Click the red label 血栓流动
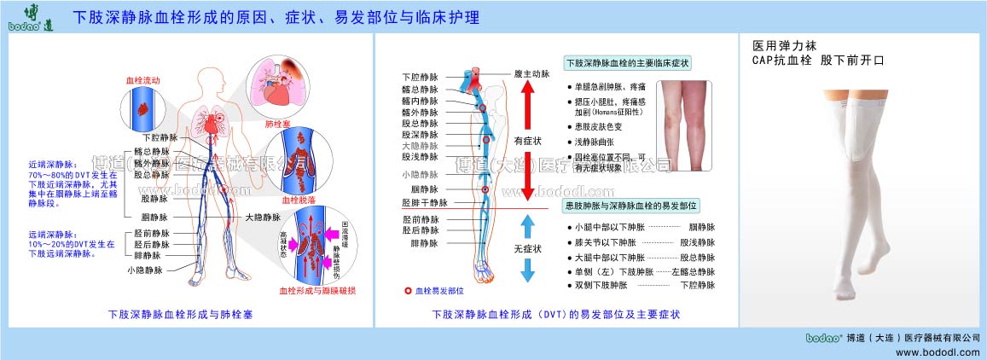coord(142,79)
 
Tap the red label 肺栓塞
coord(281,122)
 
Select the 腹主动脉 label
coord(530,74)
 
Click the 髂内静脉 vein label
coord(420,101)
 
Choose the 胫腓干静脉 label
coord(424,203)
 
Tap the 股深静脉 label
coord(420,135)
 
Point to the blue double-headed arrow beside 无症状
coord(527,248)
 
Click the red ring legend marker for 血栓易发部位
coord(408,291)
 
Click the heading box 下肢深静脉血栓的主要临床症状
coord(628,64)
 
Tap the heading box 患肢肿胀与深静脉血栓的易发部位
coord(630,206)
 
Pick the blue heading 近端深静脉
coord(51,165)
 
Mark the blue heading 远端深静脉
coord(51,234)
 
